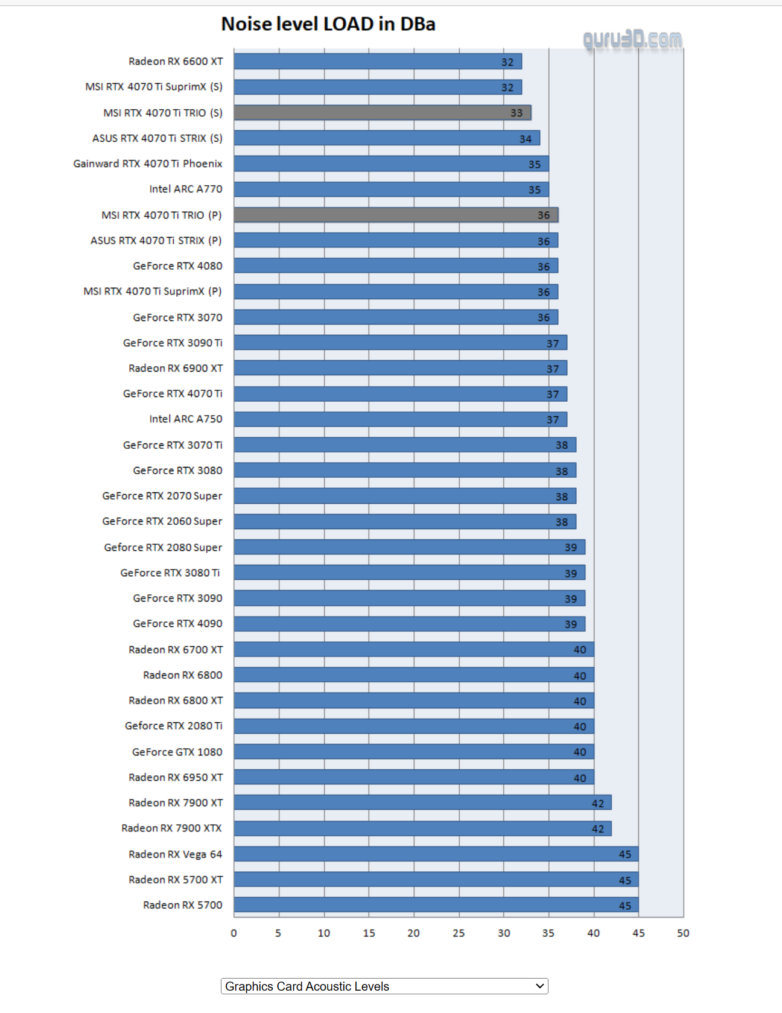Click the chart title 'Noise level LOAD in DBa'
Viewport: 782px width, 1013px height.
coord(328,24)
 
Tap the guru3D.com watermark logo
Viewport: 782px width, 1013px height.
coord(632,40)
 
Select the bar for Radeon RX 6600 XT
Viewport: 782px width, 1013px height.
coord(377,62)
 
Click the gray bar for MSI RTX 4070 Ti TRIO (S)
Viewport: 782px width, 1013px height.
coord(382,113)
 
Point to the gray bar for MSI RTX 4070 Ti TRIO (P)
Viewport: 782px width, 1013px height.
coord(395,215)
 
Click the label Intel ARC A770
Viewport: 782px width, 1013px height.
coord(186,189)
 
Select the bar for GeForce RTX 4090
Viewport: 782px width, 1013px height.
coord(409,624)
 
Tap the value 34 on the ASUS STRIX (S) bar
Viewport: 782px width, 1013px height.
coord(526,139)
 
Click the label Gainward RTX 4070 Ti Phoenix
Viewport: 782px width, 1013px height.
coord(148,164)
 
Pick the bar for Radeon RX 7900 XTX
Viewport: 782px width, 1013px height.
coord(422,828)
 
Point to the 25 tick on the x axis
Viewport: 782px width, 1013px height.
coord(459,933)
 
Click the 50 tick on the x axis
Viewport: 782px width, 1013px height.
coord(683,933)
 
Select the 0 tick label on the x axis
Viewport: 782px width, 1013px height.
coord(234,933)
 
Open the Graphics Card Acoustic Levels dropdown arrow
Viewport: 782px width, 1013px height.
coord(539,986)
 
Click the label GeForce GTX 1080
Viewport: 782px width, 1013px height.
coord(177,752)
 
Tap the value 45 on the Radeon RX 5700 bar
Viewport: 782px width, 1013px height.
coord(625,906)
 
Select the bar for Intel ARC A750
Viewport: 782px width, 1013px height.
coord(400,419)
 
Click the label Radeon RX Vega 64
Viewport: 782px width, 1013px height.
coord(175,854)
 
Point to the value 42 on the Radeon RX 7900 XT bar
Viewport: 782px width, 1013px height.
coord(598,804)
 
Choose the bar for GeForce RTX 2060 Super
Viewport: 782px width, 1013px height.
coord(404,521)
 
